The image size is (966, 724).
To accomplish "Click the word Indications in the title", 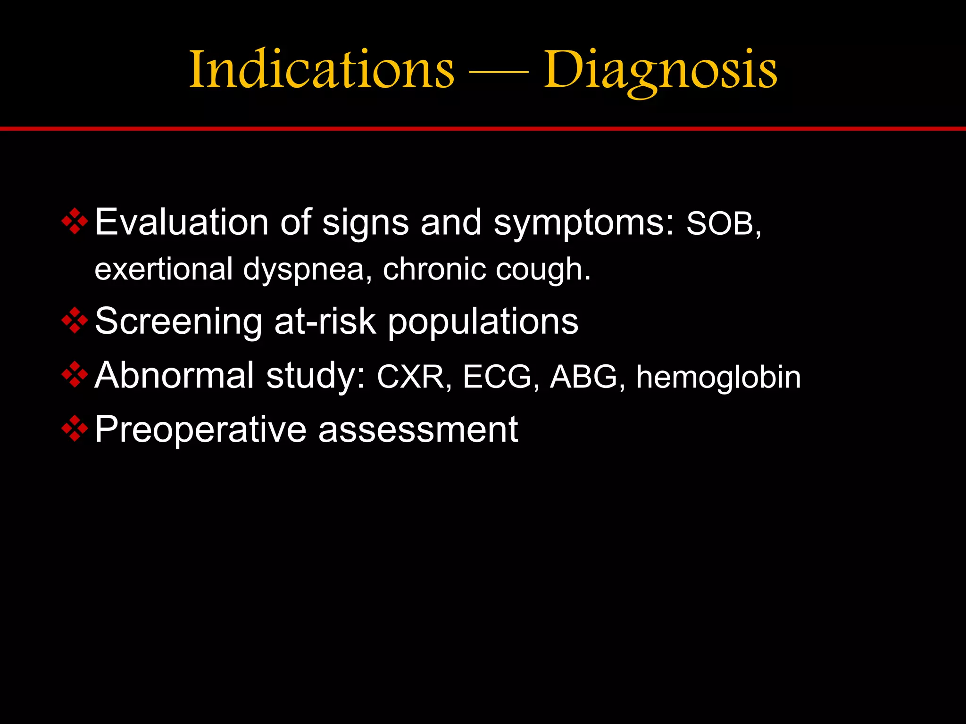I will [322, 70].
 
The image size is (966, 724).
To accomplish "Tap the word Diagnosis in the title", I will [660, 71].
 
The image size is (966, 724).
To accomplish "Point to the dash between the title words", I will [499, 73].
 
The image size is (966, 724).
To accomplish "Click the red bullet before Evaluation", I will [75, 221].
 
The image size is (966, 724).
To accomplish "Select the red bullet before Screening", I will [75, 321].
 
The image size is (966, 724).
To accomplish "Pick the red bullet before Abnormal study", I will [75, 375].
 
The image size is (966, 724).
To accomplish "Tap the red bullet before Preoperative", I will [75, 429].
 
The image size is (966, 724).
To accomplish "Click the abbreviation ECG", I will [498, 377].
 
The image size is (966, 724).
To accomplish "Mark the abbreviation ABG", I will [584, 377].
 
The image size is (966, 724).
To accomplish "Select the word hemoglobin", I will [718, 377].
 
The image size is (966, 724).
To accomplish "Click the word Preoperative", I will [200, 430].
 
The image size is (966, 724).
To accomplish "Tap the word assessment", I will [418, 430].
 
